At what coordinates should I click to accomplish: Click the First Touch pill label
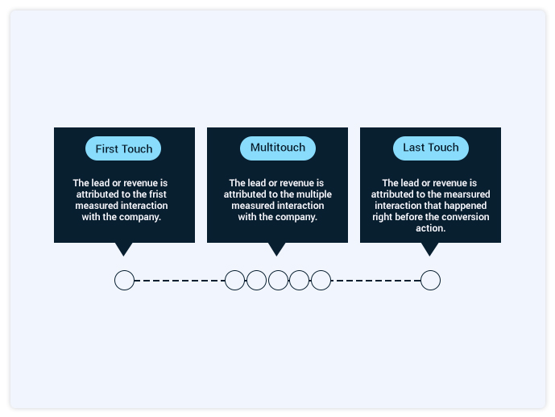tap(123, 148)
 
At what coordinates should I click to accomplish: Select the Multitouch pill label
tap(278, 148)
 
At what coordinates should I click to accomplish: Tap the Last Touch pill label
tap(431, 148)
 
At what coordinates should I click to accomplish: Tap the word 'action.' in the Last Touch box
tap(430, 228)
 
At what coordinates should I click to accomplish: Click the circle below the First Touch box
tap(124, 280)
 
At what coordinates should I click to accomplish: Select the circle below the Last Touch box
tap(430, 280)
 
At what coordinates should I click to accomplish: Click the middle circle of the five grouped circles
tap(278, 280)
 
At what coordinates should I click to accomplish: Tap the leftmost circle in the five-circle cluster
tap(234, 280)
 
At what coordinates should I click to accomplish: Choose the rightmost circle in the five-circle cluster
tap(321, 280)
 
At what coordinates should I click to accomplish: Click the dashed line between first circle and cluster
tap(180, 281)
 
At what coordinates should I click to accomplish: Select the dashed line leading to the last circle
tap(376, 281)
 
